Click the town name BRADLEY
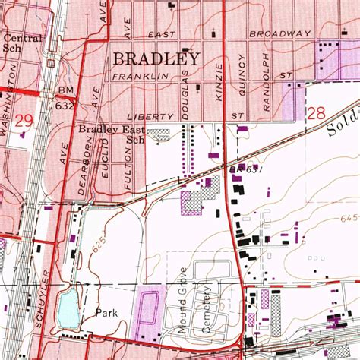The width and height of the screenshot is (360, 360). [156, 58]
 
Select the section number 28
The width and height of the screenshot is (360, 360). [317, 114]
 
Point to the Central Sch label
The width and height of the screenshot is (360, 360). [21, 41]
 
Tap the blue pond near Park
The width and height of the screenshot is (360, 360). [67, 307]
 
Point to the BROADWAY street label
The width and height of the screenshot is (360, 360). [283, 34]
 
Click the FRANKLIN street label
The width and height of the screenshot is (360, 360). [139, 77]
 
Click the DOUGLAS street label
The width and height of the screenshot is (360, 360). [184, 93]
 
